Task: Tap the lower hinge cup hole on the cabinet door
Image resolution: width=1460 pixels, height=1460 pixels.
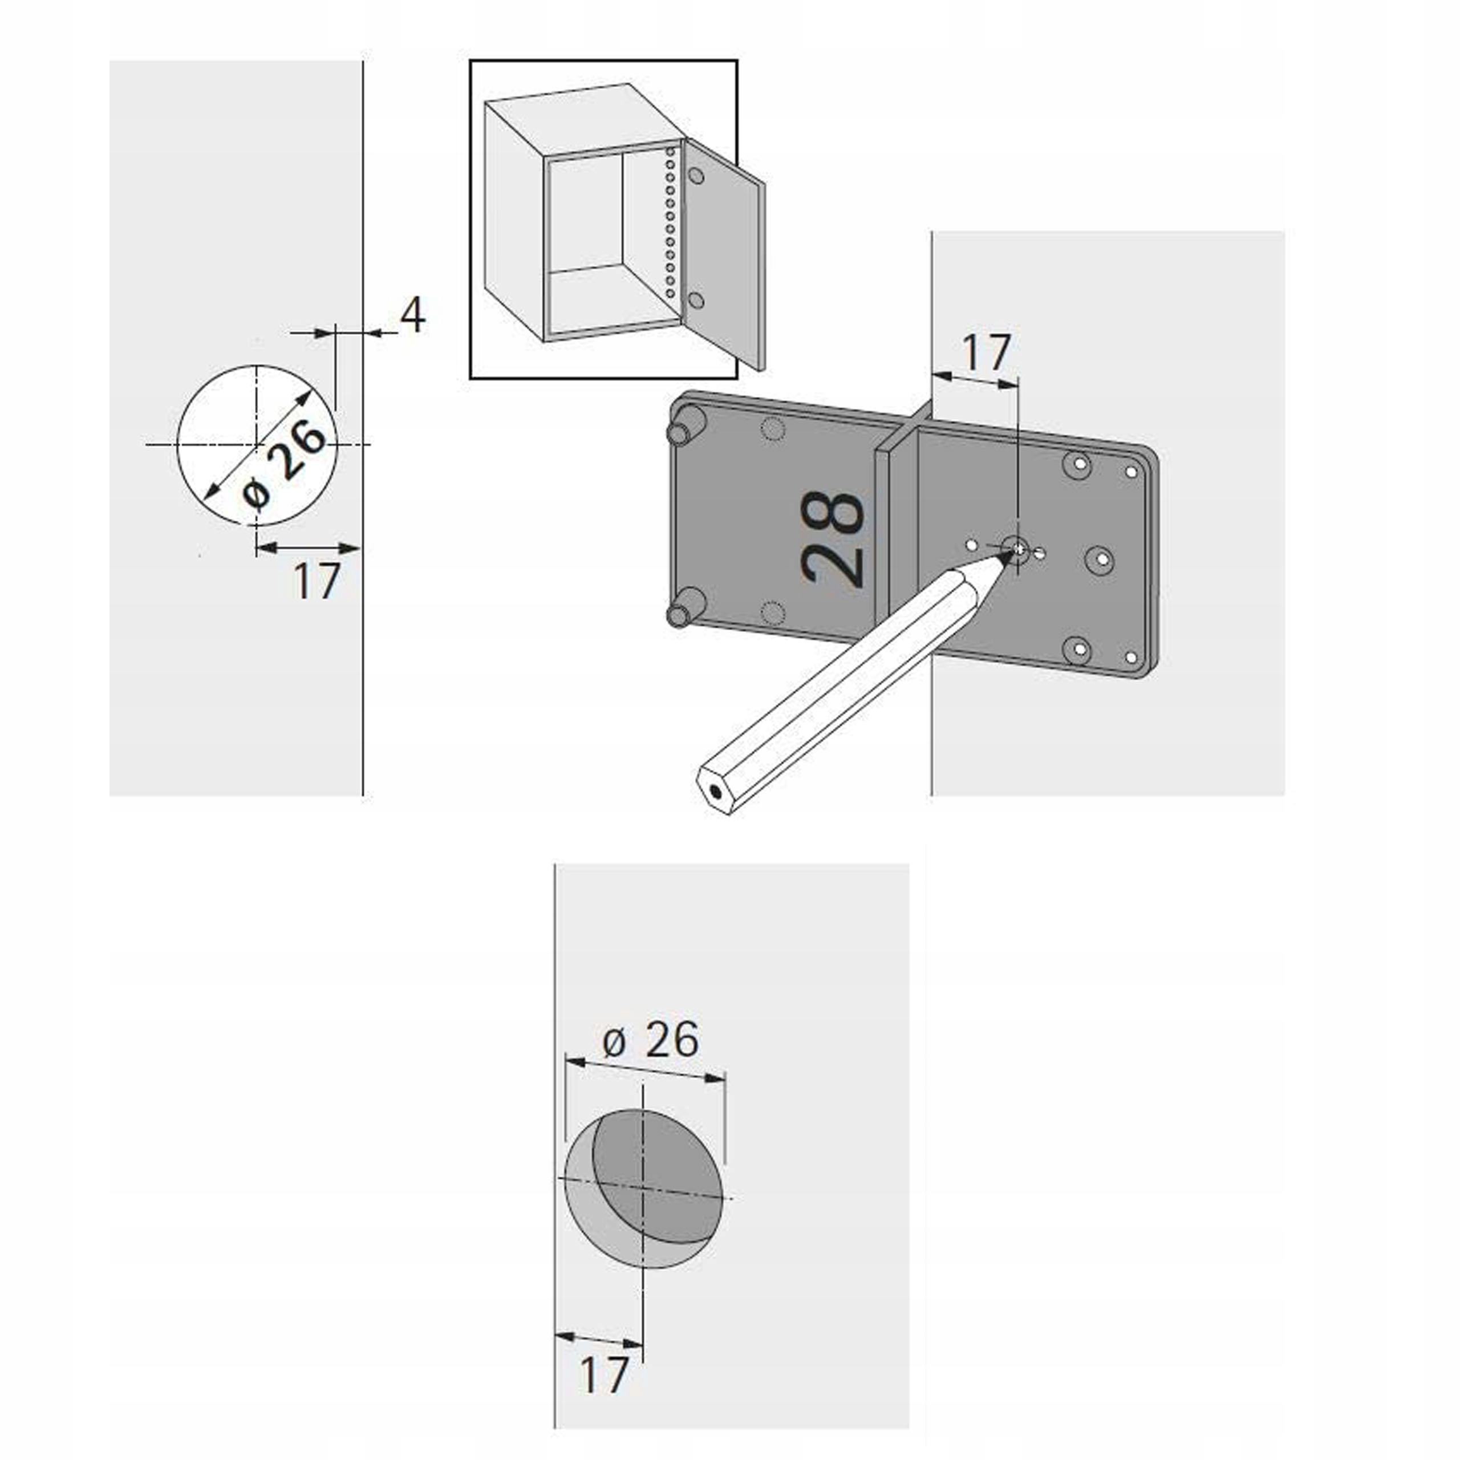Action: pyautogui.click(x=696, y=301)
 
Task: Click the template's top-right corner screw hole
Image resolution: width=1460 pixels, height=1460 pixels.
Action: pyautogui.click(x=1131, y=472)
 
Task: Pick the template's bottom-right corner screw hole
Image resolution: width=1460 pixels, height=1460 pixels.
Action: pyautogui.click(x=1131, y=658)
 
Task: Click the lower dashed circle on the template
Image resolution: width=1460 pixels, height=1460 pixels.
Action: pyautogui.click(x=772, y=611)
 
